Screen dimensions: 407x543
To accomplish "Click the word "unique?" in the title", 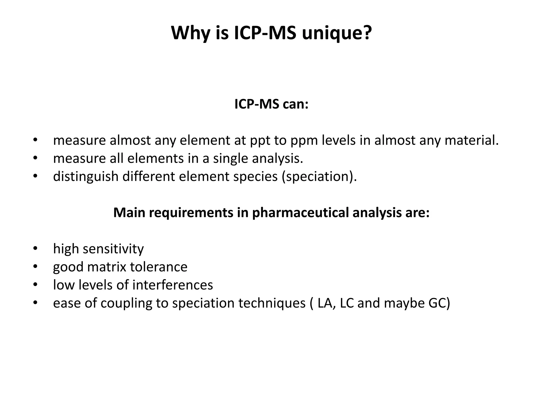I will click(337, 33).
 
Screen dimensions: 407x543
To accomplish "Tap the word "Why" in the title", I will click(191, 33).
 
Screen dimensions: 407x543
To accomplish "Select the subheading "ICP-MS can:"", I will click(271, 104).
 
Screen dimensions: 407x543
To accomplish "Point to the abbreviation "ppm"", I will click(304, 141).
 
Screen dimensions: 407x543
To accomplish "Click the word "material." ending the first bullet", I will click(472, 140).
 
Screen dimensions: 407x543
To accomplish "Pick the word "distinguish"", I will click(86, 176).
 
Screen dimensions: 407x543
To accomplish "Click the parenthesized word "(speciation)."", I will click(319, 176).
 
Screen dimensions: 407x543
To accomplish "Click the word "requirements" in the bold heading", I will click(191, 213).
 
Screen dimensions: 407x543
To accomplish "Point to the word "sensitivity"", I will click(113, 249).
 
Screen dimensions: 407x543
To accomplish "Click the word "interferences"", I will click(173, 285).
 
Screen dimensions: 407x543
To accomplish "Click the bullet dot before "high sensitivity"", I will click(36, 249).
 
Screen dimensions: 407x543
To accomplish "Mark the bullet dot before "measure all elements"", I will click(36, 158).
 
